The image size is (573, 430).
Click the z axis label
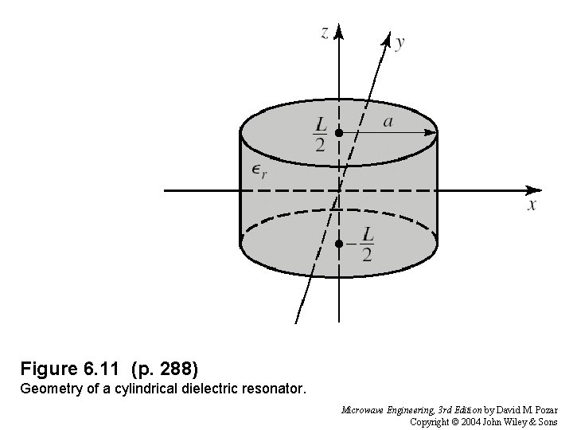pyautogui.click(x=325, y=33)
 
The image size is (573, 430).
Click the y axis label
pyautogui.click(x=399, y=42)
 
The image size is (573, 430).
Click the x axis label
pyautogui.click(x=532, y=205)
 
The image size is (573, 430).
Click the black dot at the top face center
pyautogui.click(x=339, y=133)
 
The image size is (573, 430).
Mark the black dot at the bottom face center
pyautogui.click(x=339, y=243)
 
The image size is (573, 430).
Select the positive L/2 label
pyautogui.click(x=321, y=133)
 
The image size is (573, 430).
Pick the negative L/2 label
pyautogui.click(x=362, y=244)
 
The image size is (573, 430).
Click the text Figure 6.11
pyautogui.click(x=70, y=369)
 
